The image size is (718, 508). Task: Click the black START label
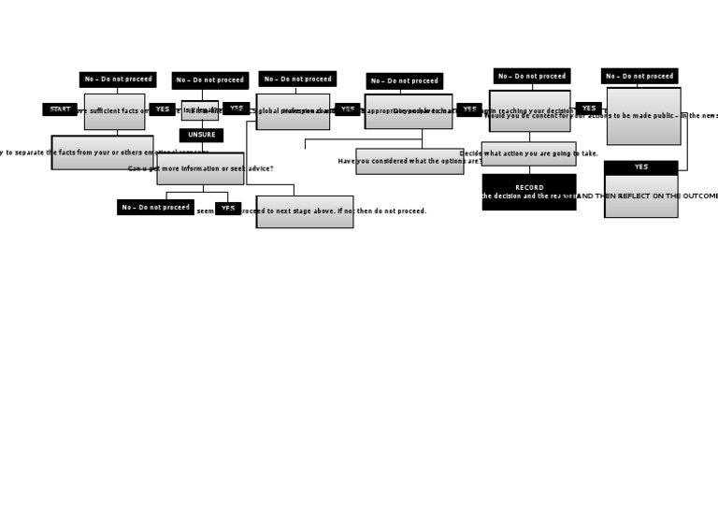(60, 109)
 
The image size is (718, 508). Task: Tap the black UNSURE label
(201, 136)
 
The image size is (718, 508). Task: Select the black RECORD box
(529, 192)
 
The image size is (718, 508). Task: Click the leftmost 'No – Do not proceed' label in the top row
(118, 80)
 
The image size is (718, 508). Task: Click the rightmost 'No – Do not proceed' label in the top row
(639, 76)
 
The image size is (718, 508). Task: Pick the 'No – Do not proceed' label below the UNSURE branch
(155, 208)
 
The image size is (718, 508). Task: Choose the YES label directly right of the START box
(162, 109)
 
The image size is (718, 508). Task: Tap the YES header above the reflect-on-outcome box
(640, 167)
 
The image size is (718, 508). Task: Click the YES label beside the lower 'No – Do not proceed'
(228, 209)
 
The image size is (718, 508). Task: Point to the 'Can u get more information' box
(200, 168)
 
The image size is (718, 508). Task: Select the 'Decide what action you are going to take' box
(529, 153)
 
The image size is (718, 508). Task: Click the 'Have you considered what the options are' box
(409, 161)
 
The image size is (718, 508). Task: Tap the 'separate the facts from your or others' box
(102, 152)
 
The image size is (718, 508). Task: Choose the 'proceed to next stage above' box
(305, 211)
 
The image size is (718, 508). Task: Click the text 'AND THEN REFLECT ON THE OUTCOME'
(646, 196)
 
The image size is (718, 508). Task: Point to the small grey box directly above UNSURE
(200, 110)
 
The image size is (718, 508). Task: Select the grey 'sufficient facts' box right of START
(114, 111)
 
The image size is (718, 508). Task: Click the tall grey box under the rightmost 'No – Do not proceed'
(643, 116)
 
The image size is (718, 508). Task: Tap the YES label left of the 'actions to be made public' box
(588, 109)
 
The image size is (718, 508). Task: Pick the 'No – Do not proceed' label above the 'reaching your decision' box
(532, 76)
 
